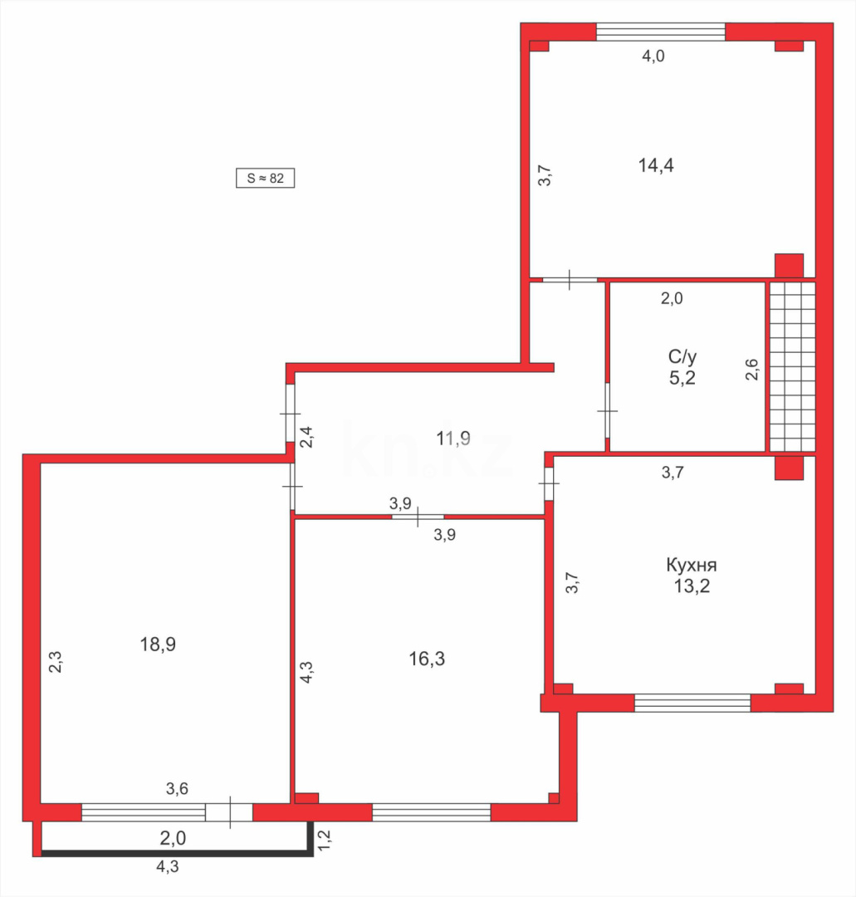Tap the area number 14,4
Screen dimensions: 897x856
pyautogui.click(x=655, y=164)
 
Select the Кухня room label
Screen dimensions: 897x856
pyautogui.click(x=691, y=566)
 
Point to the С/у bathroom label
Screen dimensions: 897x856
pyautogui.click(x=682, y=356)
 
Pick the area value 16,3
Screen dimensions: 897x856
pyautogui.click(x=428, y=659)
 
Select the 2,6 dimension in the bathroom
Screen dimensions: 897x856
pyautogui.click(x=751, y=369)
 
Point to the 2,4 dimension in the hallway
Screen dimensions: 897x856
pyautogui.click(x=306, y=437)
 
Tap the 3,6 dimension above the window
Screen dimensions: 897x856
pyautogui.click(x=177, y=789)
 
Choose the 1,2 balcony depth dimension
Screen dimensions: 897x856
pyautogui.click(x=325, y=838)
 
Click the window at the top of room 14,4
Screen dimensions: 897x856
pyautogui.click(x=661, y=32)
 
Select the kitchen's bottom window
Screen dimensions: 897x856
pyautogui.click(x=692, y=703)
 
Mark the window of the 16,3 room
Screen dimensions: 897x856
pyautogui.click(x=432, y=812)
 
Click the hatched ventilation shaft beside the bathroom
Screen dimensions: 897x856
pyautogui.click(x=791, y=366)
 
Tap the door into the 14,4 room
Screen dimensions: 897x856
pyautogui.click(x=570, y=280)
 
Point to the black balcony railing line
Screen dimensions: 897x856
pyautogui.click(x=174, y=852)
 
